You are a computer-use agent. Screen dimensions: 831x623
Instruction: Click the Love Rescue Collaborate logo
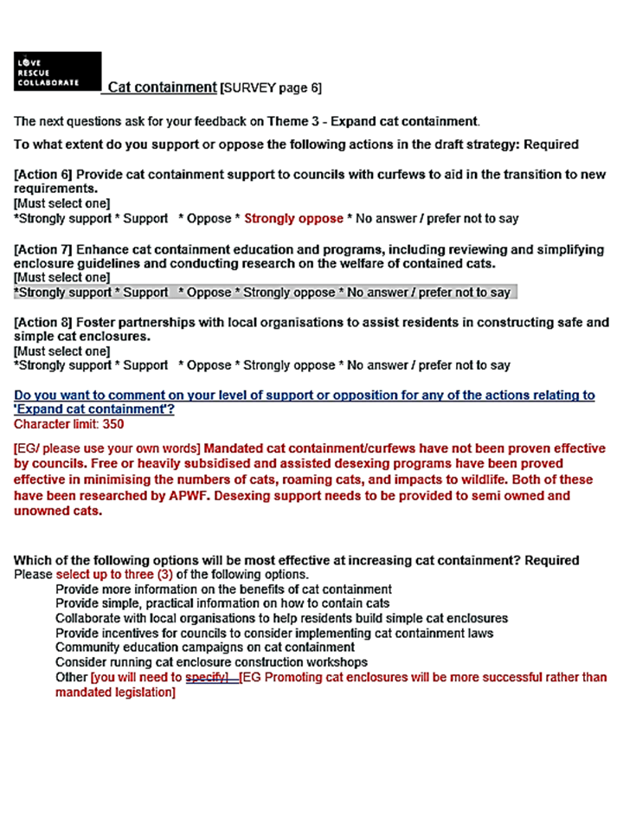point(57,72)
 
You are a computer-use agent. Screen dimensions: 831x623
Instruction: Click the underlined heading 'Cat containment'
point(162,87)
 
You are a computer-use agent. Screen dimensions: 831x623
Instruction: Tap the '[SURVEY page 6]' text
point(273,88)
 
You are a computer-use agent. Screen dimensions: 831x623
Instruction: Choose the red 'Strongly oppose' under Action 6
point(293,218)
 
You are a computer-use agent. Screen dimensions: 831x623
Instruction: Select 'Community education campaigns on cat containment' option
point(205,647)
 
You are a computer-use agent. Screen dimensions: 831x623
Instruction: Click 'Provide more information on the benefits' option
point(223,589)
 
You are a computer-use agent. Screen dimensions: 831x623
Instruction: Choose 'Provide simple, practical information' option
point(222,603)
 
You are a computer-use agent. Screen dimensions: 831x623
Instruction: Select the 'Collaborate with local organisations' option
point(281,618)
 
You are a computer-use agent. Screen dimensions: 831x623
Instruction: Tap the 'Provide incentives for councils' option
point(274,633)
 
